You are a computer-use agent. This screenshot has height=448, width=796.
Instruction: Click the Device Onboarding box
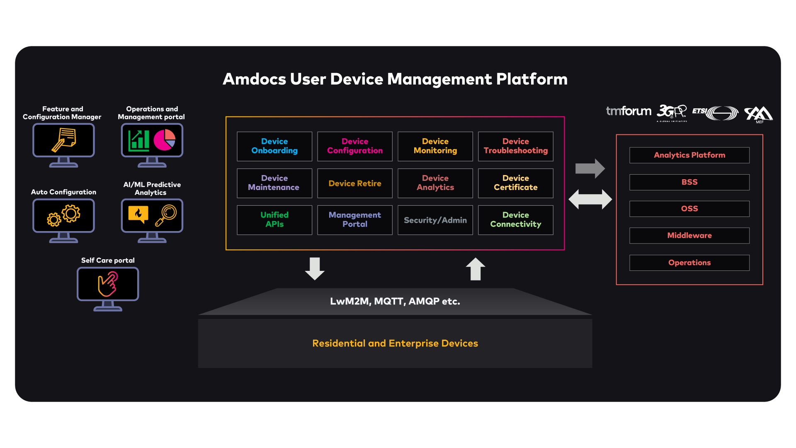pos(274,146)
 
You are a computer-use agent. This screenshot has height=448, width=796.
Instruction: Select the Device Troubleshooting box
pos(515,146)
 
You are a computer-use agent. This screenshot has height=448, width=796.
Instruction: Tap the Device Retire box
pos(355,183)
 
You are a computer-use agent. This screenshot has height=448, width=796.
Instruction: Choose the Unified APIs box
pos(274,220)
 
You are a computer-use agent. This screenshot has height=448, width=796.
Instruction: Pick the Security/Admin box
pos(435,220)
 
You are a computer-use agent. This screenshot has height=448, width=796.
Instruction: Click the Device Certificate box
pos(515,183)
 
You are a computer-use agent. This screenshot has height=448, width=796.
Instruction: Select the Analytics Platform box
pos(689,155)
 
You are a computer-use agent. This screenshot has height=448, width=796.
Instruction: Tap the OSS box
pos(689,209)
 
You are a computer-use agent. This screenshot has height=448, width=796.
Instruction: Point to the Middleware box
pos(689,236)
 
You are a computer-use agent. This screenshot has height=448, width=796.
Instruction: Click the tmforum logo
pos(629,111)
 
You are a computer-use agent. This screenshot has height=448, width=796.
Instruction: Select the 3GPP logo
pos(672,112)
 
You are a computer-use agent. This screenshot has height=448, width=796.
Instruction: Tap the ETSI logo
pos(716,113)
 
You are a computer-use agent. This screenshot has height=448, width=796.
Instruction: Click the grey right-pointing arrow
pos(590,168)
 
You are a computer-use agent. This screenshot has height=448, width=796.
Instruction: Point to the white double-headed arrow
pos(590,200)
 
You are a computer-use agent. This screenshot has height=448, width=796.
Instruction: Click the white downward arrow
pos(315,268)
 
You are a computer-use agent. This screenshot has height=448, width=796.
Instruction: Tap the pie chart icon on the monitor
pos(165,139)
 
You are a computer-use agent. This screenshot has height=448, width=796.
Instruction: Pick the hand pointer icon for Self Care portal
pos(108,284)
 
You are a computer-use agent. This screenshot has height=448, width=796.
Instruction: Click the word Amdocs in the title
pos(254,79)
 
